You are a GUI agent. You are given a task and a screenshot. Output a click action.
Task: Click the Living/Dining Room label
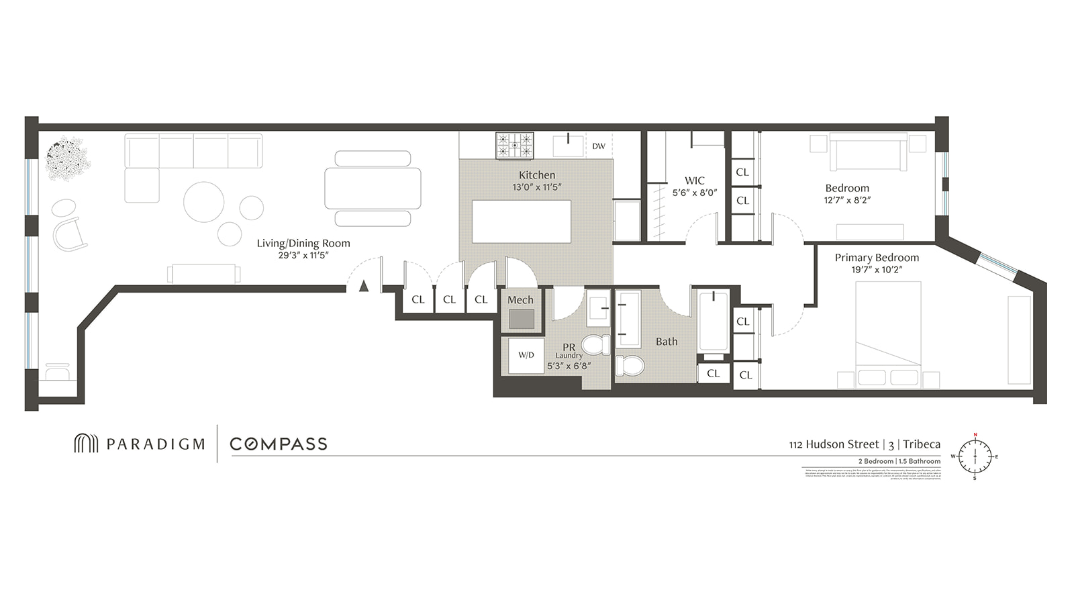pyautogui.click(x=303, y=243)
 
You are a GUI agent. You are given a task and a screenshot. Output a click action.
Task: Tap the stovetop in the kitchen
pyautogui.click(x=515, y=145)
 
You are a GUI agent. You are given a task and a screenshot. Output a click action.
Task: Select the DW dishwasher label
pyautogui.click(x=599, y=146)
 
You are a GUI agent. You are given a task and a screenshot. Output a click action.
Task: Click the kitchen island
pyautogui.click(x=522, y=221)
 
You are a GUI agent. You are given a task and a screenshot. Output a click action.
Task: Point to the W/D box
pyautogui.click(x=526, y=355)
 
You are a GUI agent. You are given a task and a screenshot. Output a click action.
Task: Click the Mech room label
pyautogui.click(x=520, y=300)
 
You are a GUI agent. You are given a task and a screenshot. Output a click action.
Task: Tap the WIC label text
pyautogui.click(x=695, y=181)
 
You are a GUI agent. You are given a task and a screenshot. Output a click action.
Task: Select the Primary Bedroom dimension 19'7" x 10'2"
pyautogui.click(x=877, y=269)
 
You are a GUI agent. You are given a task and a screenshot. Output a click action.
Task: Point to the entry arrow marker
pyautogui.click(x=364, y=286)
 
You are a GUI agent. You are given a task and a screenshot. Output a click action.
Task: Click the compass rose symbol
pyautogui.click(x=975, y=456)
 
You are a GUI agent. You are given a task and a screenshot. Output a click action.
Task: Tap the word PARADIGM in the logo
pyautogui.click(x=155, y=444)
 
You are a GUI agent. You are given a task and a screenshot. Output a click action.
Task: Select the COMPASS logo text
pyautogui.click(x=279, y=444)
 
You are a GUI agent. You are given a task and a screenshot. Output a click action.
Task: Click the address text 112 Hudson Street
pyautogui.click(x=834, y=444)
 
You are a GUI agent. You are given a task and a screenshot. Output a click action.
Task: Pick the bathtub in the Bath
pyautogui.click(x=713, y=321)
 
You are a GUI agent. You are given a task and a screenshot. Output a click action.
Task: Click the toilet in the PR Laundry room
pyautogui.click(x=596, y=345)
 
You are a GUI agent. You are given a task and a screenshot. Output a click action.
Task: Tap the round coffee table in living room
pyautogui.click(x=204, y=202)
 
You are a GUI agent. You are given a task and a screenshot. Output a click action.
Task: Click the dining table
pyautogui.click(x=373, y=189)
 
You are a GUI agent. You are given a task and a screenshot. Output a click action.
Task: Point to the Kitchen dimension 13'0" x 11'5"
pyautogui.click(x=536, y=187)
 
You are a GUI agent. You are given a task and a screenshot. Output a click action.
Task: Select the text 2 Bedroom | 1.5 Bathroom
pyautogui.click(x=899, y=461)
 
